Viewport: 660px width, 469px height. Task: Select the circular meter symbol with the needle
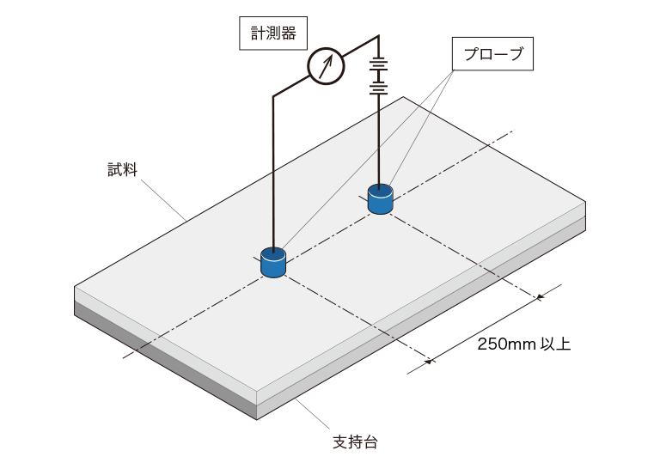[326, 64]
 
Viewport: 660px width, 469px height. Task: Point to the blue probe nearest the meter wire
[273, 263]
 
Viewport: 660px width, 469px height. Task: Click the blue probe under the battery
[380, 199]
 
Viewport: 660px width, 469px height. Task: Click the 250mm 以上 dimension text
[523, 345]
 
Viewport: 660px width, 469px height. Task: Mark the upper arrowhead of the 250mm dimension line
[541, 298]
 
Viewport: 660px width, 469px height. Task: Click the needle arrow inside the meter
[326, 64]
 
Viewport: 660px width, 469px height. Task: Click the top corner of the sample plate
[405, 97]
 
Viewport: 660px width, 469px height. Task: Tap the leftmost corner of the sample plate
[76, 286]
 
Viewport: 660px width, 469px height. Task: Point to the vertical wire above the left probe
[273, 172]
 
